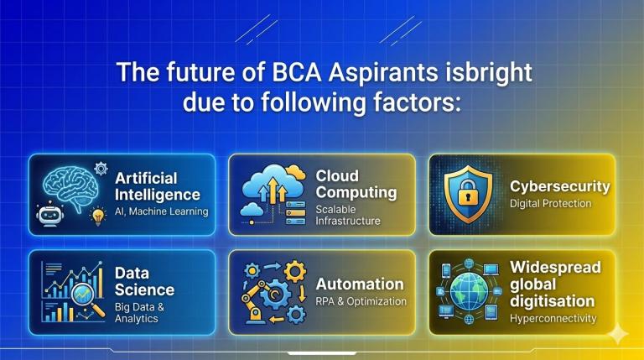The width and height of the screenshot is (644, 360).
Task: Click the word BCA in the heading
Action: click(x=296, y=72)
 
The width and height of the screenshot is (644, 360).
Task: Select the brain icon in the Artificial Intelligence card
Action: click(x=71, y=188)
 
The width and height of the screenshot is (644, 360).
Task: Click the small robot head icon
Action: click(x=49, y=214)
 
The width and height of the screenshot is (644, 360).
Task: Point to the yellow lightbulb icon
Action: click(x=98, y=217)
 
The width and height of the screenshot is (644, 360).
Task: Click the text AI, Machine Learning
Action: click(x=161, y=211)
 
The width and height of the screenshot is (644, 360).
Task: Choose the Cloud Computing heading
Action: click(x=356, y=184)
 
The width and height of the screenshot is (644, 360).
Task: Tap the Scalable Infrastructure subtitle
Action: click(x=347, y=215)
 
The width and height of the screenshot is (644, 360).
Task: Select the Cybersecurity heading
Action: click(x=560, y=186)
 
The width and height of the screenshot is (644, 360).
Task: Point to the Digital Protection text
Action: click(x=550, y=203)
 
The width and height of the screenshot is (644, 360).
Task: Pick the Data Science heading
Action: click(x=144, y=281)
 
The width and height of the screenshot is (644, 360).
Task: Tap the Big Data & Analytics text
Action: click(x=139, y=313)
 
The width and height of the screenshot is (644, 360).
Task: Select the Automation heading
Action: click(x=360, y=284)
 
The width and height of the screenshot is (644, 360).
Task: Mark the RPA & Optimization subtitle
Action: click(x=361, y=301)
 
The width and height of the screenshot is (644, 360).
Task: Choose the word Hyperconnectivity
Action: click(x=553, y=319)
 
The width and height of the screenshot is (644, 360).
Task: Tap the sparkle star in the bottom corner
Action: click(x=618, y=334)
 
